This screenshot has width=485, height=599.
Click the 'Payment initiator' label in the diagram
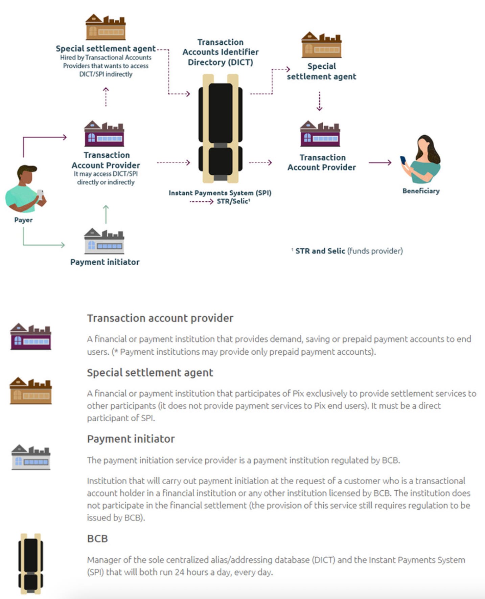(x=105, y=262)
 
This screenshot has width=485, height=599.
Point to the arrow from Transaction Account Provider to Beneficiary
(x=380, y=163)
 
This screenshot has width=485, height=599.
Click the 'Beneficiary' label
(x=421, y=191)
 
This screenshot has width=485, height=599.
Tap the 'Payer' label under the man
(x=23, y=220)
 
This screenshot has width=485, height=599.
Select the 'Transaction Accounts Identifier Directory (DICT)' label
(x=221, y=52)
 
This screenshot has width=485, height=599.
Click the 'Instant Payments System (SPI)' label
(x=220, y=193)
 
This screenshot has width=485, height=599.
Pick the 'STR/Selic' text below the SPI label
(x=233, y=201)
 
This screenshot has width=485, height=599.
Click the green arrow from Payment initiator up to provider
(x=106, y=214)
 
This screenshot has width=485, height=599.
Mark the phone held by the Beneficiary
(x=403, y=160)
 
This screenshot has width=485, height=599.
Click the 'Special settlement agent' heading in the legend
(x=150, y=373)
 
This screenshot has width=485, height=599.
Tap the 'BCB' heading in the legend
(x=97, y=538)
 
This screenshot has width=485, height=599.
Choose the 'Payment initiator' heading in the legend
(x=131, y=439)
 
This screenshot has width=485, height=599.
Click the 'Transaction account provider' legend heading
(x=160, y=318)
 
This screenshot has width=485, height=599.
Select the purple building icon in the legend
(x=31, y=336)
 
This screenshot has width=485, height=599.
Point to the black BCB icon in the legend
(x=31, y=563)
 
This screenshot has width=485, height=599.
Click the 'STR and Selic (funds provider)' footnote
(x=349, y=251)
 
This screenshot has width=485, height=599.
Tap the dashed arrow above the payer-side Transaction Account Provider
(x=106, y=97)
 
